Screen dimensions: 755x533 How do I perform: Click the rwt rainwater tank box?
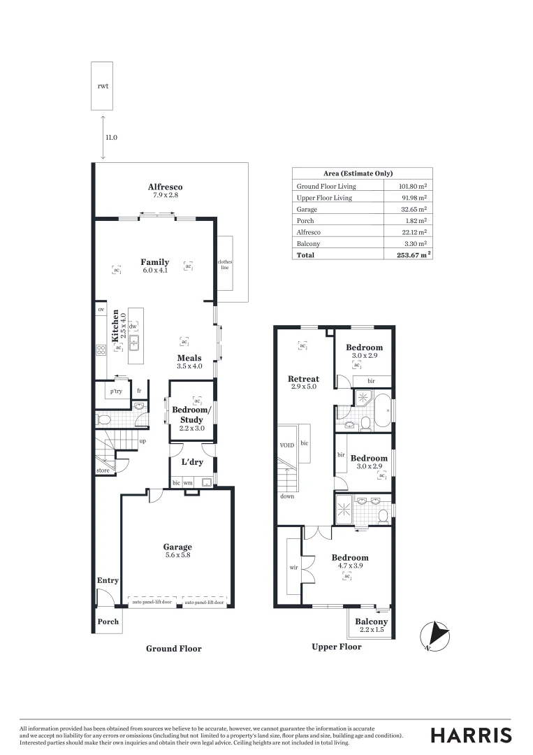[102, 86]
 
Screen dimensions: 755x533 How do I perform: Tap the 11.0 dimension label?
[111, 138]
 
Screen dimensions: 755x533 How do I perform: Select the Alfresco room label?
[165, 187]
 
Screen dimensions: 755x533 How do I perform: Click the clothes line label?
[225, 264]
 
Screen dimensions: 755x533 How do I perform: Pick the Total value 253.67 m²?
[409, 255]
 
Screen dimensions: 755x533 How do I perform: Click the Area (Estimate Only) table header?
[358, 173]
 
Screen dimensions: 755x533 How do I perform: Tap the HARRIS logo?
[471, 735]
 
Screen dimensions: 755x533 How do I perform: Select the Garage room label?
[177, 547]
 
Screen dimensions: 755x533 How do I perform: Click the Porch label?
[108, 621]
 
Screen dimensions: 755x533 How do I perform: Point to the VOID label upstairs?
[287, 445]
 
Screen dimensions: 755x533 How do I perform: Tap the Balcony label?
[371, 621]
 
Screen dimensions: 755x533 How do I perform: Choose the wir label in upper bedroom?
[294, 568]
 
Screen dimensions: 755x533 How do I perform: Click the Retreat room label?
[303, 379]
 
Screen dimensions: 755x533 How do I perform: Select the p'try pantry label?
[116, 391]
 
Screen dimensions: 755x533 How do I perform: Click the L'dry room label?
[192, 463]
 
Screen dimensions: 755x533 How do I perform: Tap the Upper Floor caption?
[336, 647]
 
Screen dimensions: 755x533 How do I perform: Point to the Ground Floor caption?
[173, 649]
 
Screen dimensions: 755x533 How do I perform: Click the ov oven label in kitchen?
[101, 310]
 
